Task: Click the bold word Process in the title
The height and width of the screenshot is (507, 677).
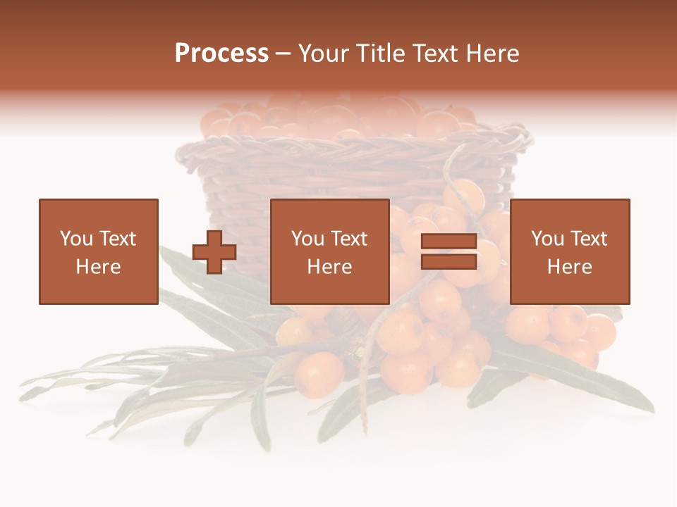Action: click(221, 54)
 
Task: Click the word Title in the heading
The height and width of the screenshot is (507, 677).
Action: click(379, 54)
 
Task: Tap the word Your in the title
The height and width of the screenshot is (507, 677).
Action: click(324, 54)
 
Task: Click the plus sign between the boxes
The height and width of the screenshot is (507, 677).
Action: click(214, 252)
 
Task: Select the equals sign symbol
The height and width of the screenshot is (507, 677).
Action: click(449, 252)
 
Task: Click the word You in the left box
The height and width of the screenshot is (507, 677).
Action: click(76, 239)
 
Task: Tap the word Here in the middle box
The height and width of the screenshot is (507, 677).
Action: click(329, 267)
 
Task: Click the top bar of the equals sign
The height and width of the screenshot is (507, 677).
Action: click(449, 242)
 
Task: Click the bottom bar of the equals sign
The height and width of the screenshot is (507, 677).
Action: click(449, 262)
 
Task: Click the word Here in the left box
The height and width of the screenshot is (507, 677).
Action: click(98, 267)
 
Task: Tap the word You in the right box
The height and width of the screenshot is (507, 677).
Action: click(547, 239)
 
